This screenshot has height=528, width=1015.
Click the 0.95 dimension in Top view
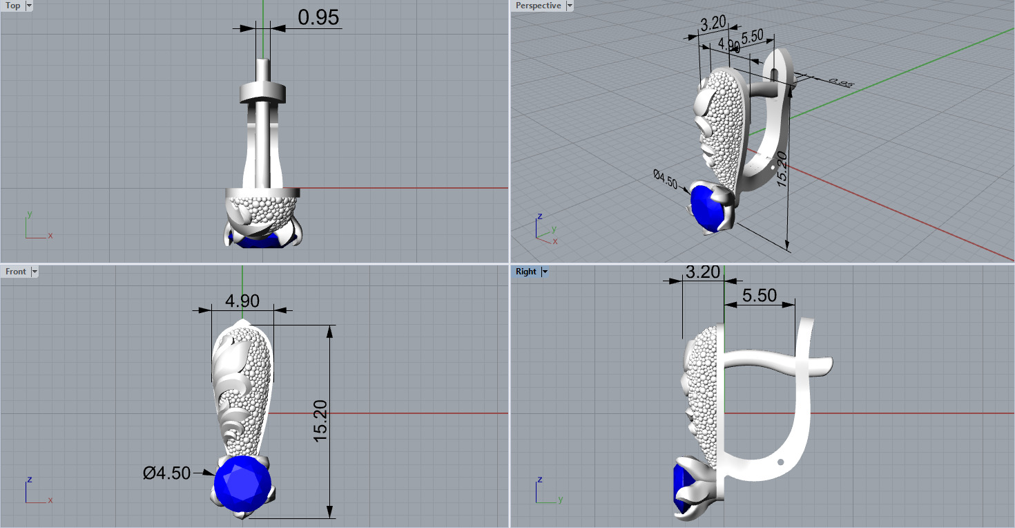(x=318, y=17)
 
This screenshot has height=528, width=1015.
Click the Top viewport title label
(x=13, y=6)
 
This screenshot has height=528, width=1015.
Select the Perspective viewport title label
(x=538, y=6)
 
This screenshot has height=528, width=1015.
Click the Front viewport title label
(x=15, y=272)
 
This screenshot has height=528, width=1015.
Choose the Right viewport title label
(x=525, y=272)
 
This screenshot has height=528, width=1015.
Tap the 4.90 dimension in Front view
(x=242, y=301)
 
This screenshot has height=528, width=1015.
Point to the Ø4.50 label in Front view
(x=166, y=473)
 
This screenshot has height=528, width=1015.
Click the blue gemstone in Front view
(x=242, y=484)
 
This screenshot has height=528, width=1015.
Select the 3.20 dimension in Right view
(x=703, y=272)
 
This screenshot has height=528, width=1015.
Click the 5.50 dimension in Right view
(x=759, y=295)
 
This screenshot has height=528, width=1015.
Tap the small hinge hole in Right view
(x=780, y=462)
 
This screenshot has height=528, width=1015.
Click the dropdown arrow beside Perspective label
(x=569, y=6)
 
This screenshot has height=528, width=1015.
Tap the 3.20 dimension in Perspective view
(x=713, y=23)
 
